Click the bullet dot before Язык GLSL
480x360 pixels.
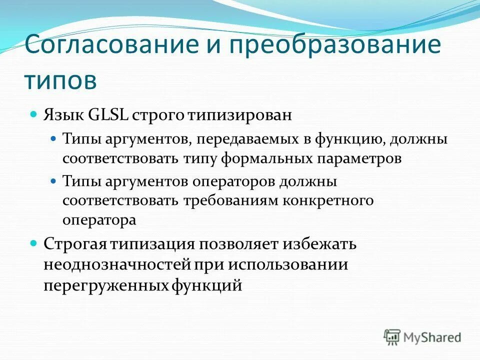pos(34,114)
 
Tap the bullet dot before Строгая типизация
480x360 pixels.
pos(34,243)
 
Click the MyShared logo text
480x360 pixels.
pos(432,337)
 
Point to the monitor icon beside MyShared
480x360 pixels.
pos(392,337)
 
